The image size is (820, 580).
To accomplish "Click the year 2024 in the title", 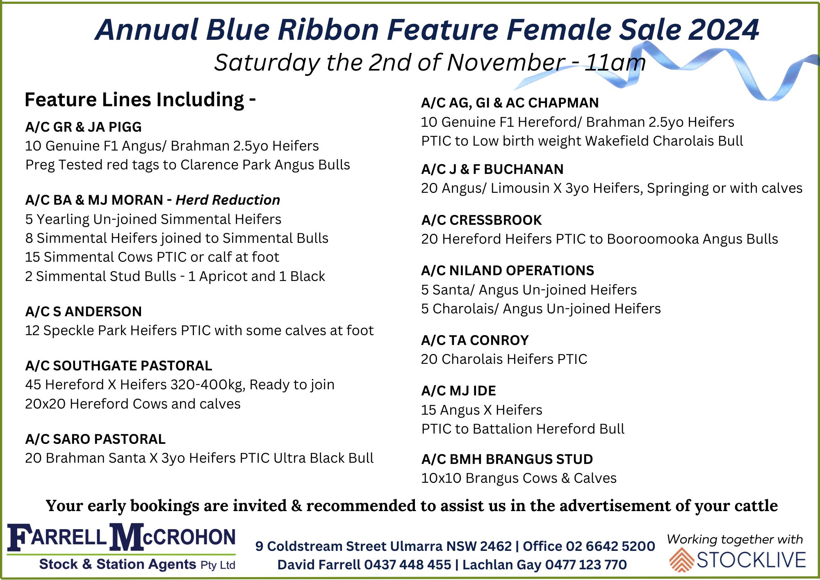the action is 723,30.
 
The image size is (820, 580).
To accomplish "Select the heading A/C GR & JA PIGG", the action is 83,127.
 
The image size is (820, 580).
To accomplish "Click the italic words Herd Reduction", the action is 228,200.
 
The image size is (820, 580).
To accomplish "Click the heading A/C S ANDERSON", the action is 83,311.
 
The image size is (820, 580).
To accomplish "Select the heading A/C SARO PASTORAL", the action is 95,439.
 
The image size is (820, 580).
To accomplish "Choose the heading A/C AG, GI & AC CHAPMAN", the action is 510,103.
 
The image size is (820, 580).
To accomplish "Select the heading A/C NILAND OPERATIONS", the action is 508,270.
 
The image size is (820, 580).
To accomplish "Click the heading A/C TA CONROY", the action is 475,340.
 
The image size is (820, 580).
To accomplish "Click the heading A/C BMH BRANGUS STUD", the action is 507,459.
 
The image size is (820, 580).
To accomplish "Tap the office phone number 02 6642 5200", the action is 610,546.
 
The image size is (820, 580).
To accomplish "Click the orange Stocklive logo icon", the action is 681,560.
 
